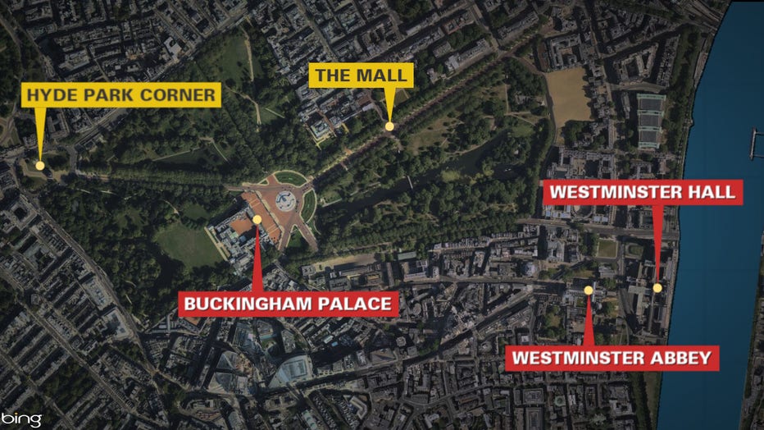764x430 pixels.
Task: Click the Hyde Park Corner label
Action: (x=122, y=95)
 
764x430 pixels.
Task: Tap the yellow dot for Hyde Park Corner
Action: (x=40, y=166)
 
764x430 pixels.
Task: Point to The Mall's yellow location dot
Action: (x=389, y=126)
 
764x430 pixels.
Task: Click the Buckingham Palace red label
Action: (x=289, y=304)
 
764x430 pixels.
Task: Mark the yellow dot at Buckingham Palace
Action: (x=257, y=219)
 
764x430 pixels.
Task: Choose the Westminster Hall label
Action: (x=643, y=193)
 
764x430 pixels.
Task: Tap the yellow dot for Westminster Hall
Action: (x=657, y=287)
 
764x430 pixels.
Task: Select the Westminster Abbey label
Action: (x=612, y=358)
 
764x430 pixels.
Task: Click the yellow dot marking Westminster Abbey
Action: (x=588, y=290)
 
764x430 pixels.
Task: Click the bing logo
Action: (x=21, y=419)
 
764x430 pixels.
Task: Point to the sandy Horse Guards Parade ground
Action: (x=568, y=95)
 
